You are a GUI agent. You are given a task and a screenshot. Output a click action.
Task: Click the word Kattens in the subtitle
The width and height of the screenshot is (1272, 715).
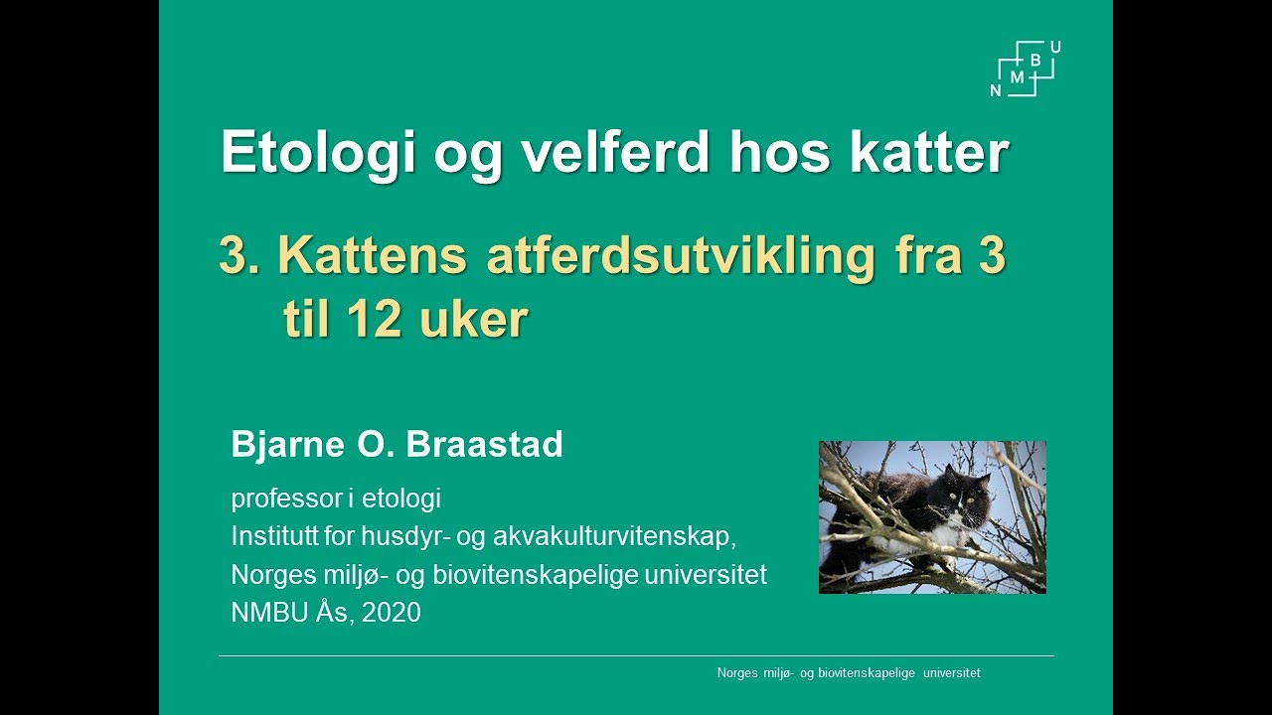point(371,255)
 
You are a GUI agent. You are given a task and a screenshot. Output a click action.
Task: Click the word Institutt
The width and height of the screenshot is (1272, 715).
point(269,536)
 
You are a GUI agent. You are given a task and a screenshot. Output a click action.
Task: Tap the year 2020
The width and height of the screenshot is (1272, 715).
point(392,613)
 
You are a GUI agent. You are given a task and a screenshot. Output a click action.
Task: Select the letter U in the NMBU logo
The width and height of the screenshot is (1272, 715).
point(1054,47)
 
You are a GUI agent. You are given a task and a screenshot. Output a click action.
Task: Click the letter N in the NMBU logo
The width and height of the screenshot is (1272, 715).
point(996,90)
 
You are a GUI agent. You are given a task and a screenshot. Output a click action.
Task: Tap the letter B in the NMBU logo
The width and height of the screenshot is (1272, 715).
point(1035,61)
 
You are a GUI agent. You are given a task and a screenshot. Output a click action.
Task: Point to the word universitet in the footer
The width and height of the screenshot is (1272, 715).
point(951,673)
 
